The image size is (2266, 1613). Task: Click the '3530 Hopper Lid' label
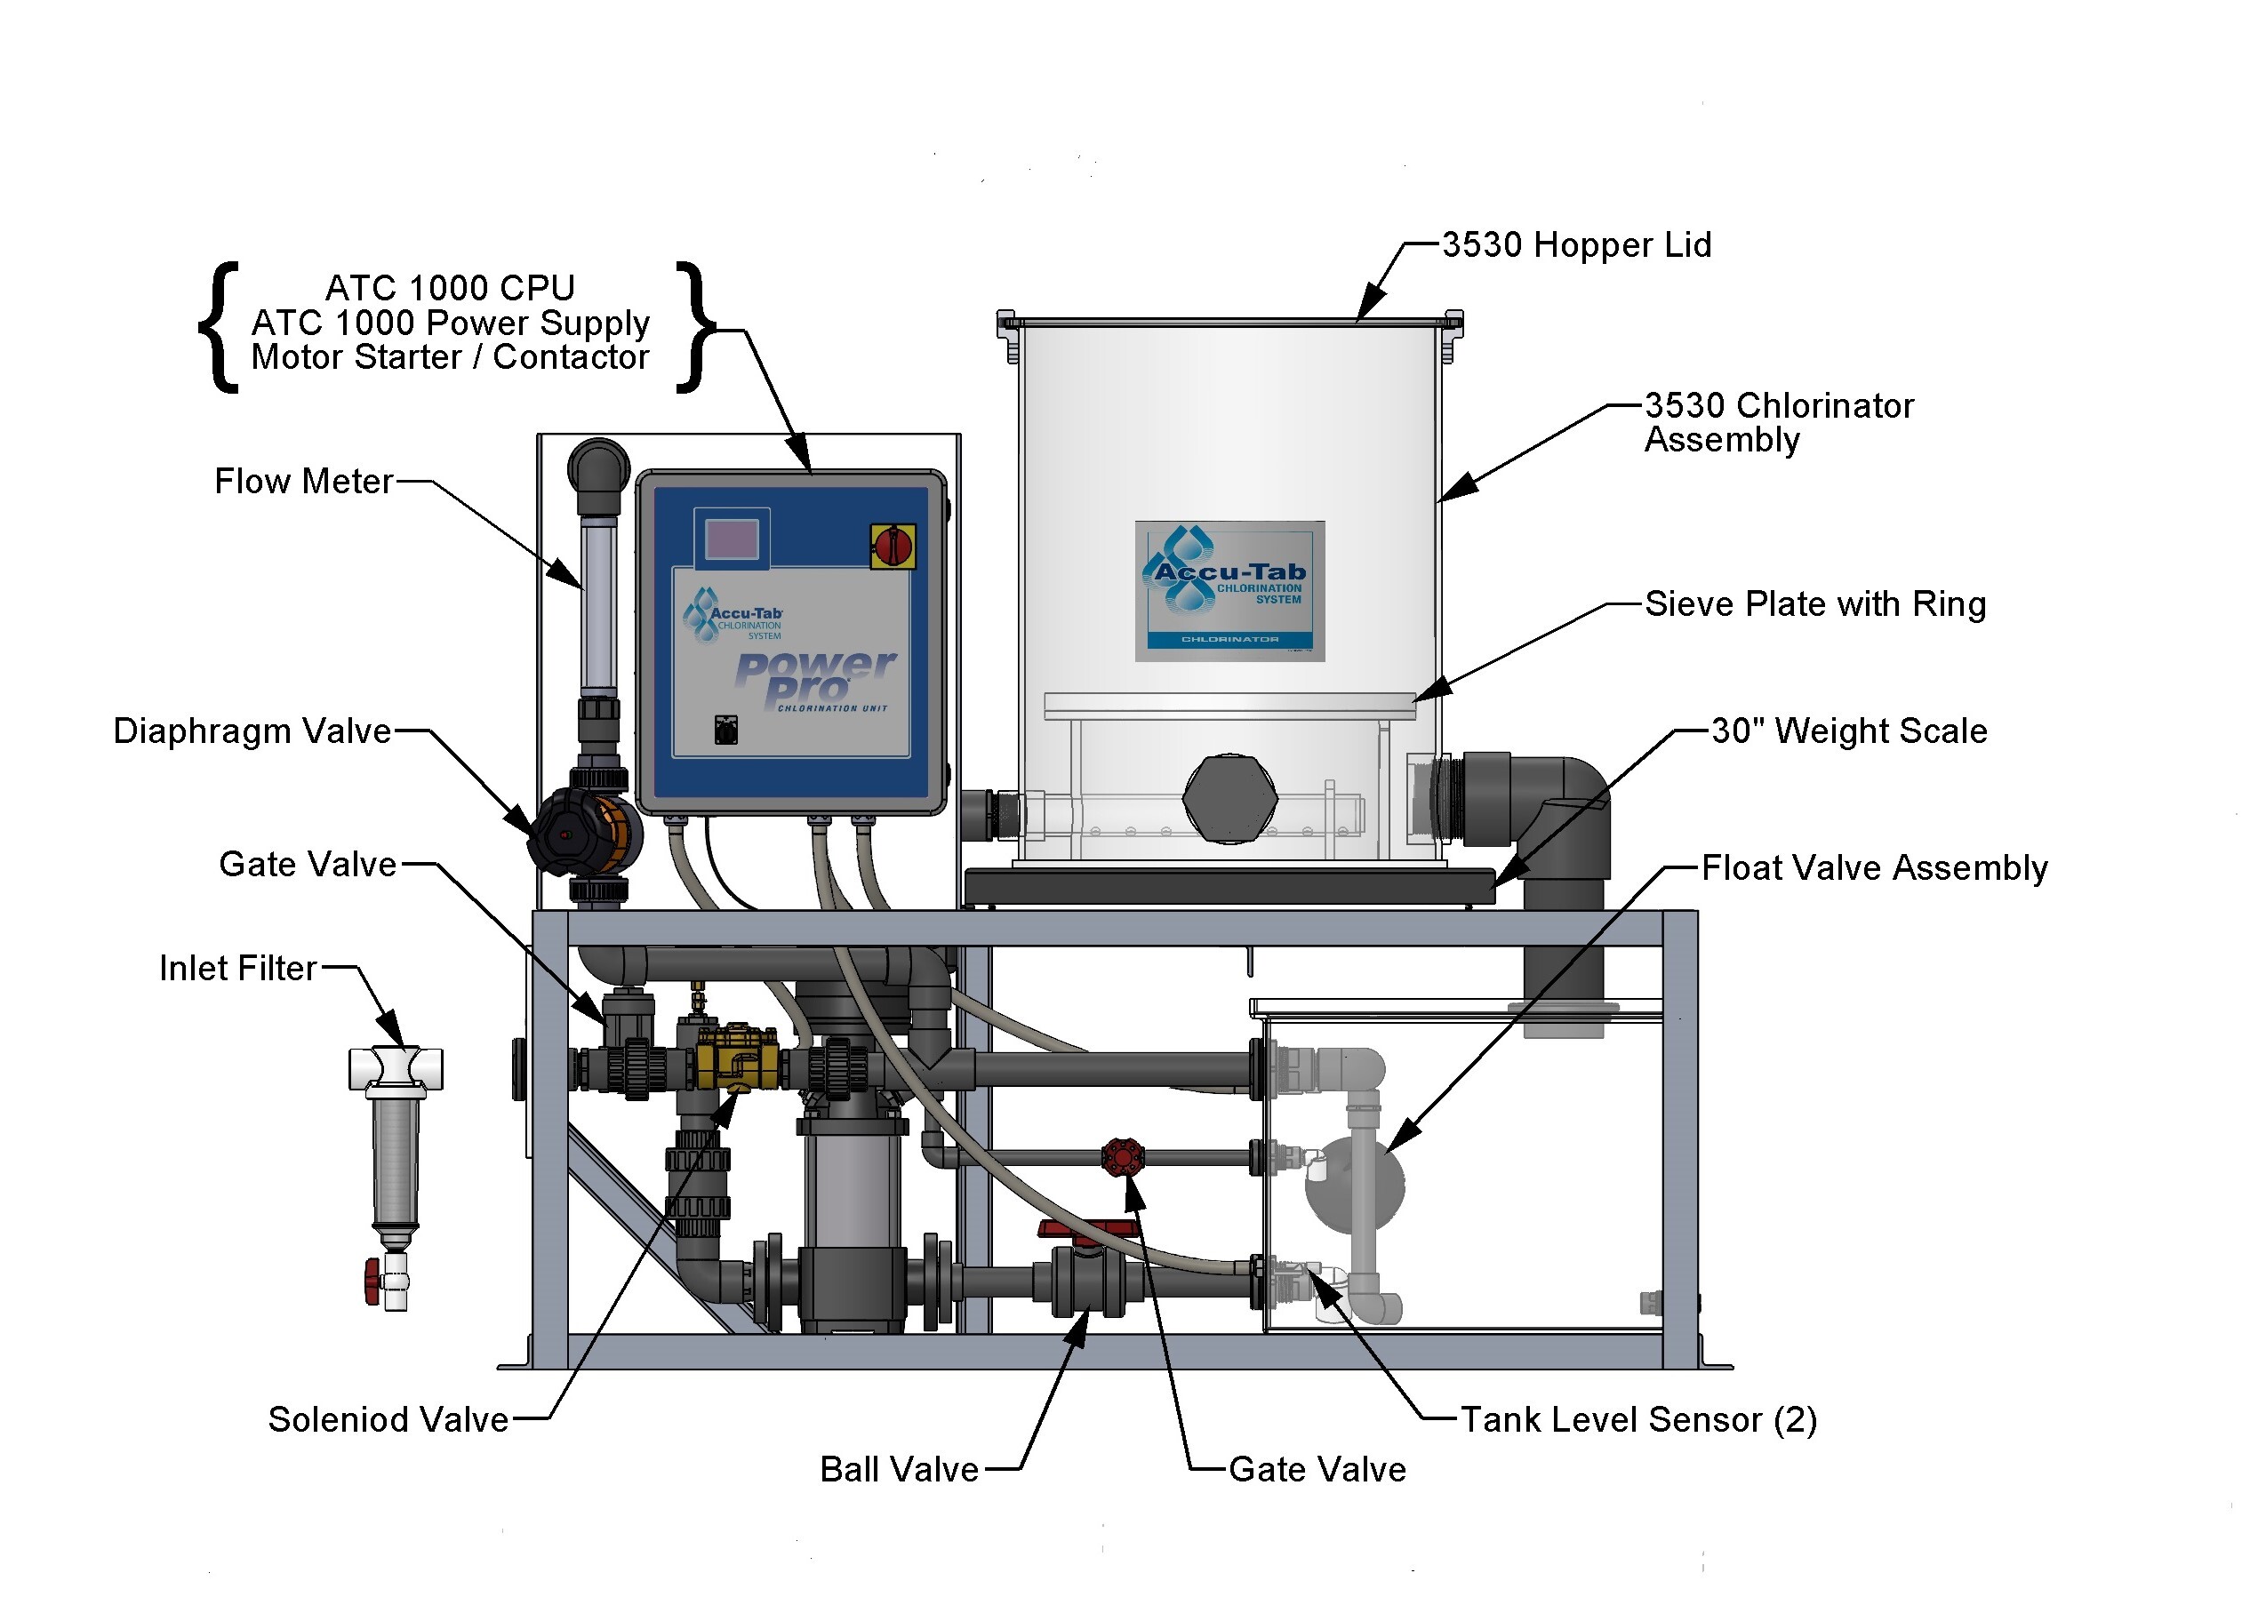pyautogui.click(x=1575, y=244)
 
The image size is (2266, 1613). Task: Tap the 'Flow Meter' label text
pyautogui.click(x=304, y=482)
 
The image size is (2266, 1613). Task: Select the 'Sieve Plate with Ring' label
pyautogui.click(x=1815, y=604)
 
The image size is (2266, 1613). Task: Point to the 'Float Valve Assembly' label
pyautogui.click(x=1874, y=868)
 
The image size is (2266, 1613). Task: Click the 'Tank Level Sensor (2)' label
pyautogui.click(x=1638, y=1420)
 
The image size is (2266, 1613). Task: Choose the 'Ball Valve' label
pyautogui.click(x=899, y=1470)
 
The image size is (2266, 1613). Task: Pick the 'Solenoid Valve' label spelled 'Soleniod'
pyautogui.click(x=388, y=1420)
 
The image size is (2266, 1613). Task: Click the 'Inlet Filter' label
pyautogui.click(x=238, y=969)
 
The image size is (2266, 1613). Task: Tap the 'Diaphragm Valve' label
pyautogui.click(x=252, y=731)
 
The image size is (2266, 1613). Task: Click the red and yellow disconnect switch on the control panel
pyautogui.click(x=893, y=546)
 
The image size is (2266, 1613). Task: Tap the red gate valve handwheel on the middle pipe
pyautogui.click(x=1123, y=1157)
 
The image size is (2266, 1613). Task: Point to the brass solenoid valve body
pyautogui.click(x=738, y=1058)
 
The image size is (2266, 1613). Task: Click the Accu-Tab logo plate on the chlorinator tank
pyautogui.click(x=1229, y=590)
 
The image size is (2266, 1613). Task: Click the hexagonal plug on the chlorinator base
pyautogui.click(x=1229, y=797)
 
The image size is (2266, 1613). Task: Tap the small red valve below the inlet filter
pyautogui.click(x=372, y=1282)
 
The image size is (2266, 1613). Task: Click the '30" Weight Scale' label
pyautogui.click(x=1849, y=731)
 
